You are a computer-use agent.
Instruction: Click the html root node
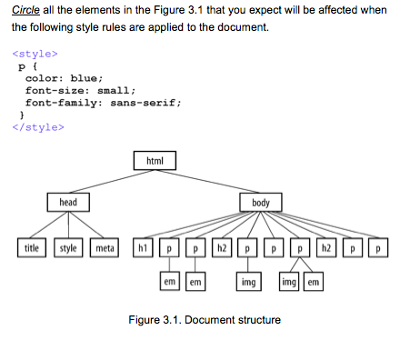tap(155, 161)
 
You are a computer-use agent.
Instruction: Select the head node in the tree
tap(68, 202)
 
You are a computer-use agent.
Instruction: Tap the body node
tap(261, 202)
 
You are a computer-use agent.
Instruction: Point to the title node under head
tap(32, 246)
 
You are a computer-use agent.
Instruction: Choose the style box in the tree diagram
tap(69, 246)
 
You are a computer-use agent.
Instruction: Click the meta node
tap(105, 246)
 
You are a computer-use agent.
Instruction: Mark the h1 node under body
tap(143, 246)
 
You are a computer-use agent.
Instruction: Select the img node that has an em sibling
tap(289, 283)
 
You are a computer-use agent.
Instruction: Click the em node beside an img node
tap(314, 283)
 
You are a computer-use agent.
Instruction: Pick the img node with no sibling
tap(247, 283)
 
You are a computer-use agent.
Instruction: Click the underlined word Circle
tap(27, 10)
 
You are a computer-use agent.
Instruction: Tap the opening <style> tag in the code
tap(38, 54)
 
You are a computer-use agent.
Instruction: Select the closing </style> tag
tap(40, 126)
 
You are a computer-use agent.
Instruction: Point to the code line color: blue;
tap(64, 78)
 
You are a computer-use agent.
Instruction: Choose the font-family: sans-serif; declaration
tap(103, 103)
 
